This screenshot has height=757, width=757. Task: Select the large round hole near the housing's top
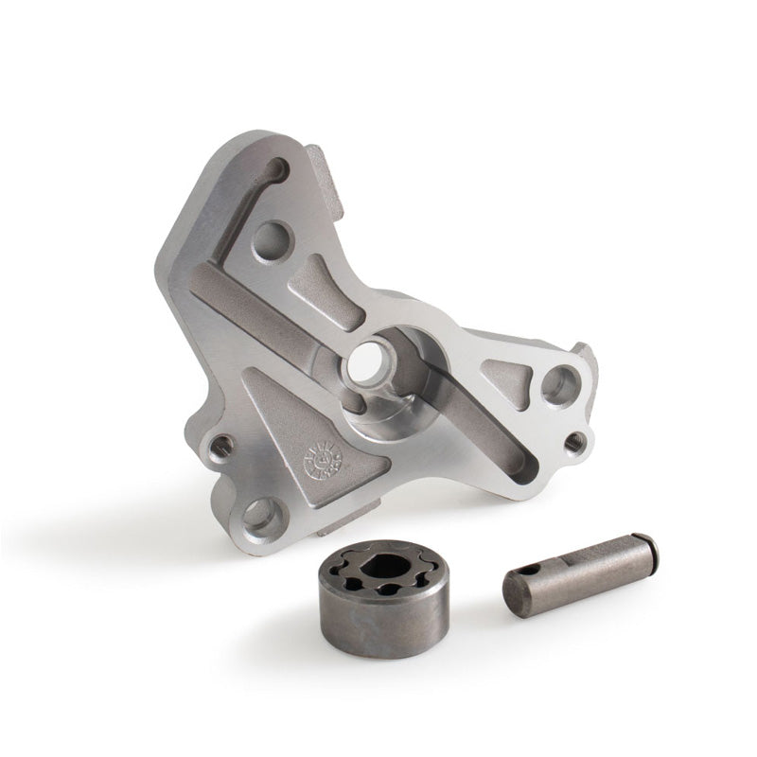click(x=273, y=236)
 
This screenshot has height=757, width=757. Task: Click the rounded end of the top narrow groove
click(x=276, y=170)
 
